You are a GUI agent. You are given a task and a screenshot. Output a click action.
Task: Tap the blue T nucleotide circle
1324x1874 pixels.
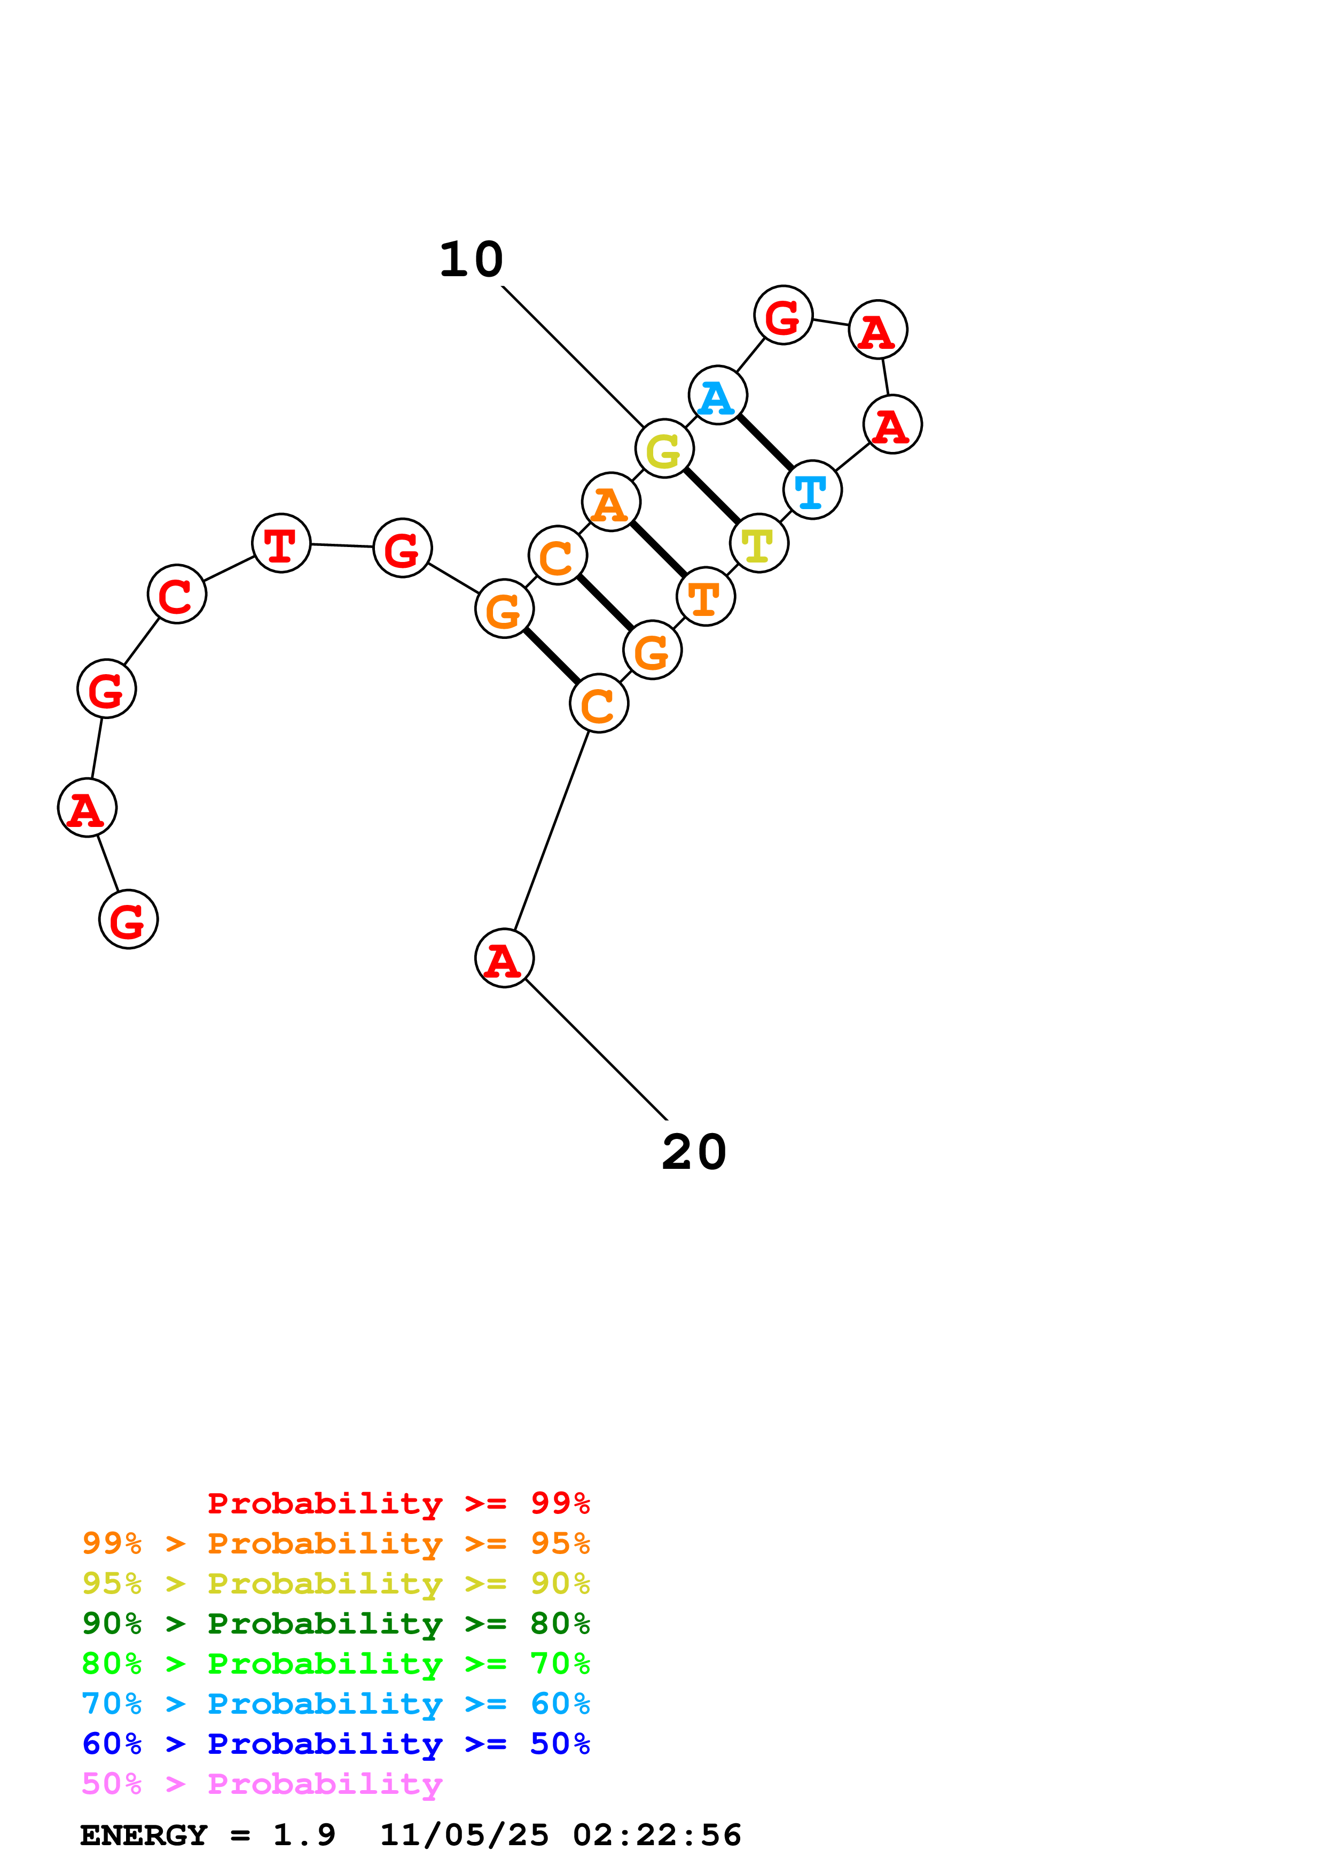click(812, 490)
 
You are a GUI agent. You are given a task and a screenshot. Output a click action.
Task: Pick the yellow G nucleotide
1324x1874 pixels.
click(664, 449)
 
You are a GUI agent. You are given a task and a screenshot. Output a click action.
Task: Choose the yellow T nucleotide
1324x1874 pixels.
click(758, 544)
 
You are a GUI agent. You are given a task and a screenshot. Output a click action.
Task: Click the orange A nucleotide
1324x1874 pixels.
click(611, 502)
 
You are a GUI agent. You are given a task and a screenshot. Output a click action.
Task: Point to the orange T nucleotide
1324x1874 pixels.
click(706, 597)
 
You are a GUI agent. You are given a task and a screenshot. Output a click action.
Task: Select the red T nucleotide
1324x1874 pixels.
click(281, 544)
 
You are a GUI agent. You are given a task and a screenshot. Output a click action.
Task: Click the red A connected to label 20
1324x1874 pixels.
click(504, 958)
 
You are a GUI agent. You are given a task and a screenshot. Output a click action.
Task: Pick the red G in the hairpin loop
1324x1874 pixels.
click(783, 315)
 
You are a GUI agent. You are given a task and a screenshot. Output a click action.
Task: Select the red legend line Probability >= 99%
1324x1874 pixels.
click(398, 1503)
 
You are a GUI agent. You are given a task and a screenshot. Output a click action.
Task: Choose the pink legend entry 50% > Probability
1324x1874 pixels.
click(262, 1784)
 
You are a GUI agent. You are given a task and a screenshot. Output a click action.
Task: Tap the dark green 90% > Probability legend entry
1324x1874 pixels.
click(335, 1624)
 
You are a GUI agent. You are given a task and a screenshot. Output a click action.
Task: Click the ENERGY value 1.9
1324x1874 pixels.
click(303, 1836)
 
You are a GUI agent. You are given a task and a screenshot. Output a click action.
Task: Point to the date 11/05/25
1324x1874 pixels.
click(464, 1836)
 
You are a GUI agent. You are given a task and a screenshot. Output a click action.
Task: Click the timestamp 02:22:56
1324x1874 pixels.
click(657, 1836)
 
